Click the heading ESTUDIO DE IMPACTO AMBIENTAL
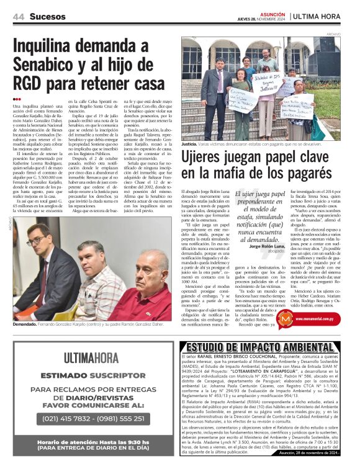(264, 347)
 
